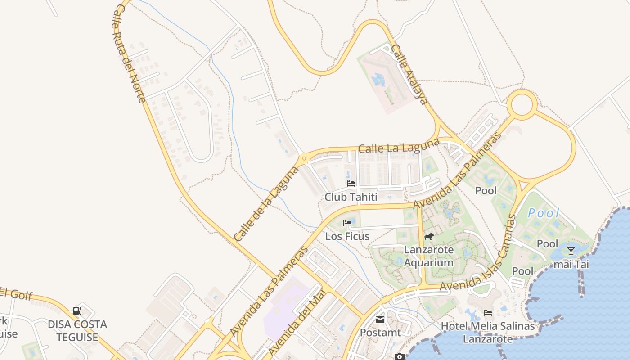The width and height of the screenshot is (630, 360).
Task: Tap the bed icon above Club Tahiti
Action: pos(351,184)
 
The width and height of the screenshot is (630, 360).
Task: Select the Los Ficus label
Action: pos(347,236)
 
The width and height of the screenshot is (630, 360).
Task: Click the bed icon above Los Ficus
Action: pos(347,223)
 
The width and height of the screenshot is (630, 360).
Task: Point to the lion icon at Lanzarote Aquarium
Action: pos(429,236)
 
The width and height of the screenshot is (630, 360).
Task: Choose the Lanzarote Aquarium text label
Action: pos(429,256)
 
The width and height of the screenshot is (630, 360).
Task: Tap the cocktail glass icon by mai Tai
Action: pos(571,251)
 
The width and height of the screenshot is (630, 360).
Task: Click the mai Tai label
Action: pos(571,264)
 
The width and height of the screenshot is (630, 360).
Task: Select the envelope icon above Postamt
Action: pos(380,319)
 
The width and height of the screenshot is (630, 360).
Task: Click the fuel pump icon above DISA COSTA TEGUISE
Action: pos(77,310)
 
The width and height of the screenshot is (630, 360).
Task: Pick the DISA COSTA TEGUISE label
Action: pos(77,330)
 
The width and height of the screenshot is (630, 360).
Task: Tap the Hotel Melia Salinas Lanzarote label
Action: pos(488,333)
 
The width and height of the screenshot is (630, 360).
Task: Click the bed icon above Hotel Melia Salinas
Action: pos(488,313)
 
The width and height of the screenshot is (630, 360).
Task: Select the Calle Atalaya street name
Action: pos(409,74)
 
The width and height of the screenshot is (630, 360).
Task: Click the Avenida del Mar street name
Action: pos(297,322)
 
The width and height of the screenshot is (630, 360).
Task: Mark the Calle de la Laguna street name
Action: pos(266,203)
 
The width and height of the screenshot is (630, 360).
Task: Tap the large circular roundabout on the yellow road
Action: pos(522,105)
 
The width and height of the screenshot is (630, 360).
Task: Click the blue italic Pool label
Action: pos(544,213)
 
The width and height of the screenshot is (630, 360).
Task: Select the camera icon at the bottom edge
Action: pos(399,357)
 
